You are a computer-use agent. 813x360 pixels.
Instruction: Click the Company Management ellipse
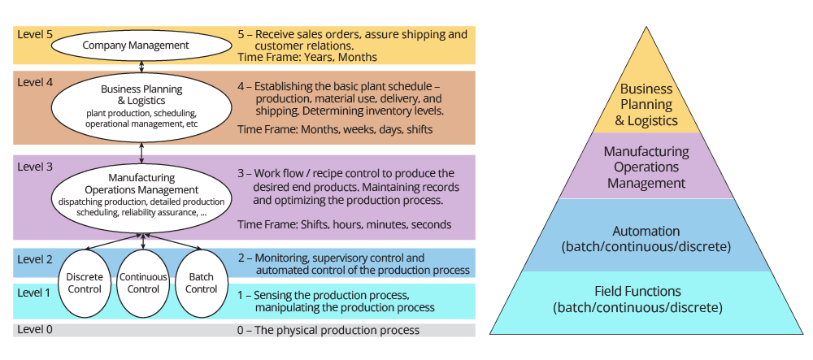click(136, 46)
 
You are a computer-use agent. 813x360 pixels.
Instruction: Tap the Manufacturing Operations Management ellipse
click(141, 195)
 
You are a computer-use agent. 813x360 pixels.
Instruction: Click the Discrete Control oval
click(85, 283)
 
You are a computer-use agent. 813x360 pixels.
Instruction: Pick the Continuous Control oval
click(143, 283)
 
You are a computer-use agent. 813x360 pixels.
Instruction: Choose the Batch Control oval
click(201, 283)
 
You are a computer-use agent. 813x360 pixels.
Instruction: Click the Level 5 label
click(35, 35)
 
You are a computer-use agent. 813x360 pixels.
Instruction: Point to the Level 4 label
click(35, 81)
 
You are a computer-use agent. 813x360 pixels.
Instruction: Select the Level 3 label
click(35, 167)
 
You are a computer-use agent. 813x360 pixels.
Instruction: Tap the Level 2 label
click(35, 259)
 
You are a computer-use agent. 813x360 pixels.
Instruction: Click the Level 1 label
click(35, 293)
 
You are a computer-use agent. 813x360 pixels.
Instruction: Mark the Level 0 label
click(35, 329)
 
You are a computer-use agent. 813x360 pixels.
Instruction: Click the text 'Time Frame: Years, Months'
click(307, 58)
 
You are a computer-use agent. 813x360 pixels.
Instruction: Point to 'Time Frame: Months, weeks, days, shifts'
click(335, 129)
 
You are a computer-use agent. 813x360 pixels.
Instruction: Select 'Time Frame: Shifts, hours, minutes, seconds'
click(344, 224)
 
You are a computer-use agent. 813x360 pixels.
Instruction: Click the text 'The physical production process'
click(337, 330)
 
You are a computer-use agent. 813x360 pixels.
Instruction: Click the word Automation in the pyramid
click(646, 230)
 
